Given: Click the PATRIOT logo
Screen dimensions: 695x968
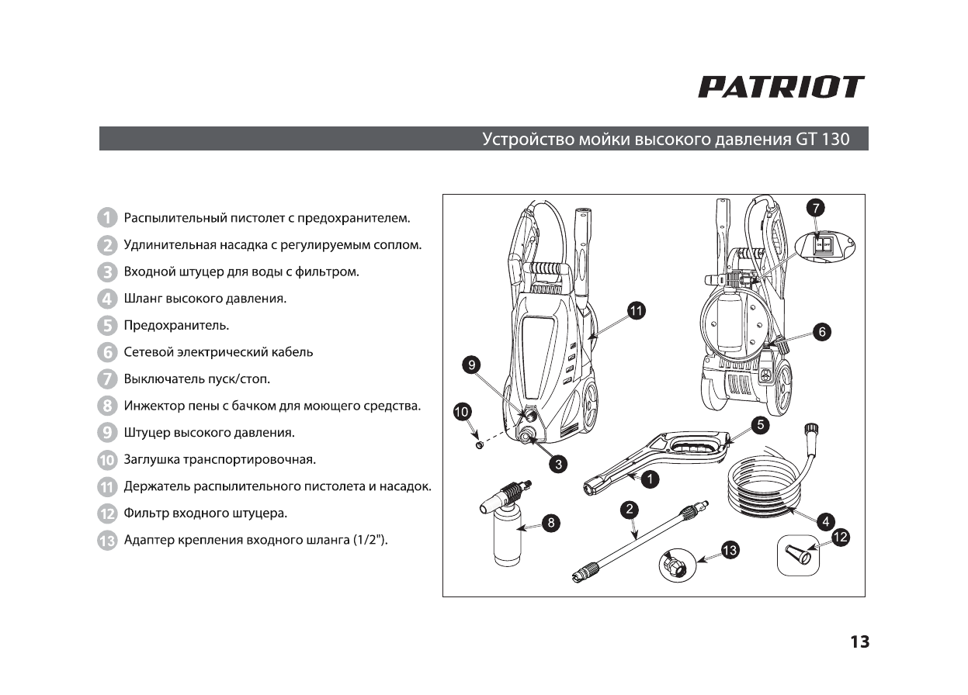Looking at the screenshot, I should point(781,87).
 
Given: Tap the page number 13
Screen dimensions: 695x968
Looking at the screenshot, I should point(859,642).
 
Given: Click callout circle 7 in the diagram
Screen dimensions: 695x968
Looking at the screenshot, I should point(815,207).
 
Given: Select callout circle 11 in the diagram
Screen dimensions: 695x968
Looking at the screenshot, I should point(636,311).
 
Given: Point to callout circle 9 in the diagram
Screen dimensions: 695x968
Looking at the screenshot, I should point(472,365).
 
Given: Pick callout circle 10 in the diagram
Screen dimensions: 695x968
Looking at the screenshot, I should point(463,412).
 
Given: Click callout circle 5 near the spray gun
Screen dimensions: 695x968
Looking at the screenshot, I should point(760,425).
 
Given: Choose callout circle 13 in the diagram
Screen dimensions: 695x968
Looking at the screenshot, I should point(730,551).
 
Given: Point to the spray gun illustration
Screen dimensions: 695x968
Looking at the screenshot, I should point(660,462).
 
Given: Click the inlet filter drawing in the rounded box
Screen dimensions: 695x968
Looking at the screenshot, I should point(797,555).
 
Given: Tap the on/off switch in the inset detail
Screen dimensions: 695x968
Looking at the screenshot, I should point(823,245).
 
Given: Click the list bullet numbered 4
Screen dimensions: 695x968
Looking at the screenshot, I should point(107,298).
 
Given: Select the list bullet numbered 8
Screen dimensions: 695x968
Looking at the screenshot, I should point(107,406).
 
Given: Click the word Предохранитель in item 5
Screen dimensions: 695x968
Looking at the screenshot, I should point(176,325).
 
